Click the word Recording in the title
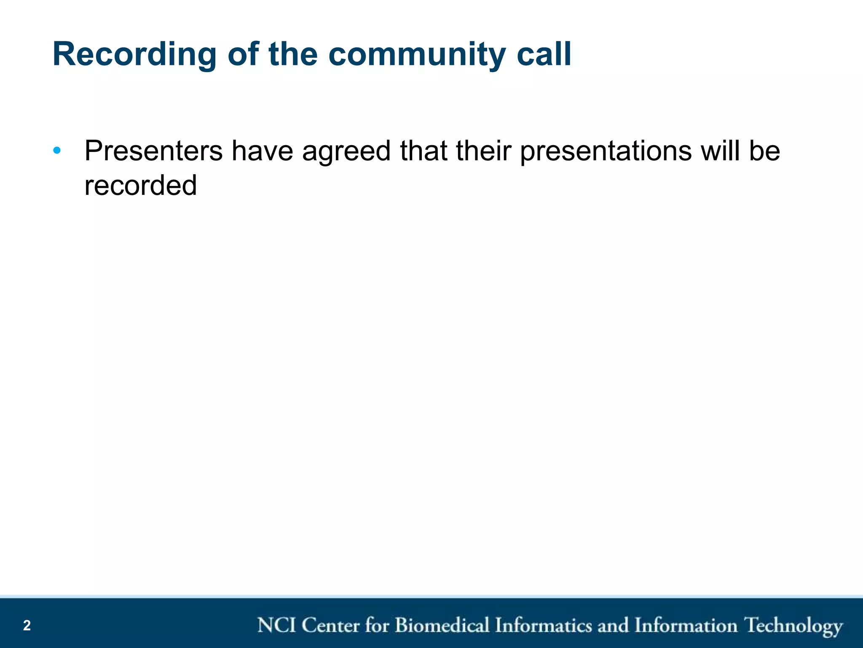point(134,55)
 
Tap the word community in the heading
point(417,55)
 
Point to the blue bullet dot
point(57,151)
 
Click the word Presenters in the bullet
point(153,151)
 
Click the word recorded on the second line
point(140,186)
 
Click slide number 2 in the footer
point(27,625)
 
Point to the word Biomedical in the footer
point(442,625)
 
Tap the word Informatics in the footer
point(544,625)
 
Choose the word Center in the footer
point(331,625)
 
